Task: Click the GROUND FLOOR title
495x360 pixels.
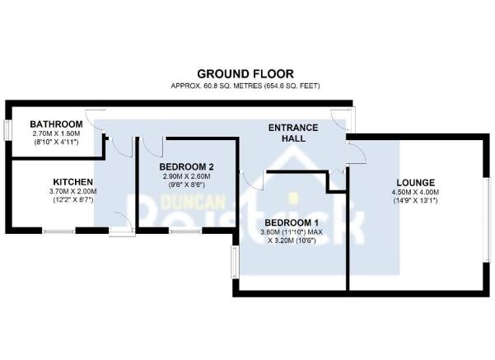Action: coord(245,74)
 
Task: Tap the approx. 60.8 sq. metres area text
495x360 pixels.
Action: coord(245,86)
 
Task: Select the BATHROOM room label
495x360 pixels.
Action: coord(56,124)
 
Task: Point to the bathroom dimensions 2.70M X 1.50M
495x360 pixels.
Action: coord(56,133)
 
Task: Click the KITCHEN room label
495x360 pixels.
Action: coord(73,182)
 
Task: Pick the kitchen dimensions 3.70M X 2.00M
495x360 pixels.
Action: coord(73,191)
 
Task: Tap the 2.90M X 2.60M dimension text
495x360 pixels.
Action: coord(187,176)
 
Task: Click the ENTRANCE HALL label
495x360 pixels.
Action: coord(293,133)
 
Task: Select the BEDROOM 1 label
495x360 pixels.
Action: coord(292,222)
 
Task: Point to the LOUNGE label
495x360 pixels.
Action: coord(415,183)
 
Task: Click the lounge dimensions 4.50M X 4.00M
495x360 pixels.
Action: coord(415,192)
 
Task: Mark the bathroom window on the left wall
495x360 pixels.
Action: coord(7,130)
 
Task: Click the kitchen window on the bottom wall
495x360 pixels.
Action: coord(58,231)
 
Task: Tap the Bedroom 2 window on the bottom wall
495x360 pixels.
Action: coord(185,231)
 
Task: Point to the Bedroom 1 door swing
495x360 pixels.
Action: coord(251,180)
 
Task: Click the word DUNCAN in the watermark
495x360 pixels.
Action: coord(194,202)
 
